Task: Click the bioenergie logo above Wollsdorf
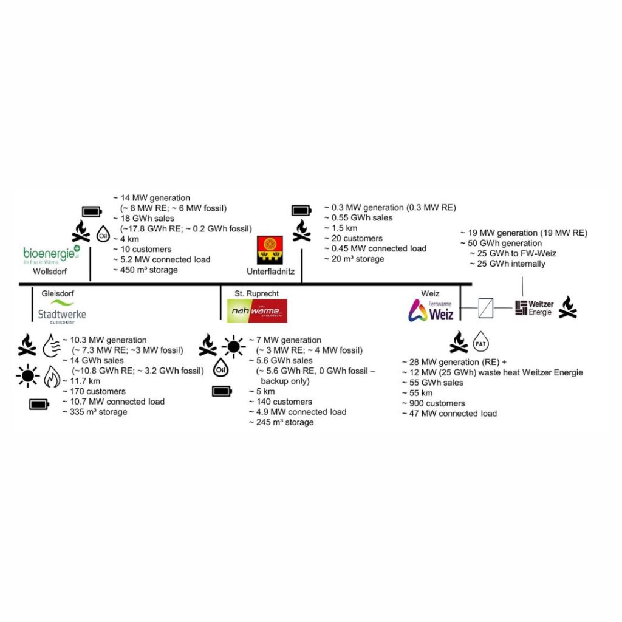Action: click(52, 254)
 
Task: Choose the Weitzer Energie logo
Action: click(534, 307)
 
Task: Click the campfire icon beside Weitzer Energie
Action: click(567, 307)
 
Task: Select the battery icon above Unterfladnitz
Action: click(301, 211)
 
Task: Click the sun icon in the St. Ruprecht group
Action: click(233, 347)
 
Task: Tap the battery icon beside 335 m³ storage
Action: click(39, 405)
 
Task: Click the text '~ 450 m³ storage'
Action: click(146, 270)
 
